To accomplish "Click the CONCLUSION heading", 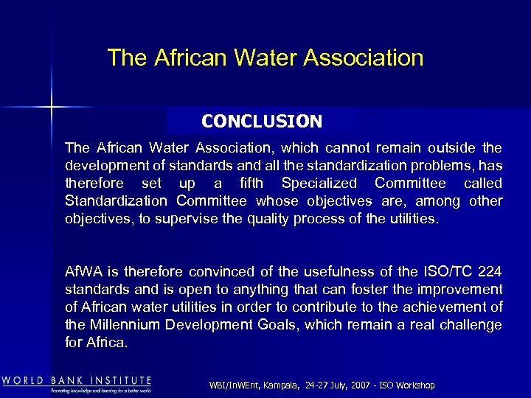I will coord(262,121).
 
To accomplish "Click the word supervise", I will coord(178,219).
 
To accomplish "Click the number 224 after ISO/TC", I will coord(487,272).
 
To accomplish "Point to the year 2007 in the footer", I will coord(361,385).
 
